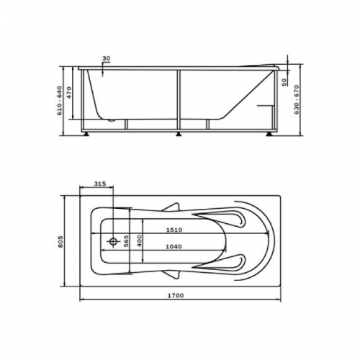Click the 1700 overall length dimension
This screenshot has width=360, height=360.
pyautogui.click(x=176, y=295)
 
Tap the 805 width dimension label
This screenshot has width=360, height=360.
pyautogui.click(x=60, y=242)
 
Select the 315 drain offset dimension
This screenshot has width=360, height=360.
pyautogui.click(x=99, y=184)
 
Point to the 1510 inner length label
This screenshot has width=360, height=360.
pyautogui.click(x=174, y=230)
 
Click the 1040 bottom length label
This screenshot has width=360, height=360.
pyautogui.click(x=174, y=246)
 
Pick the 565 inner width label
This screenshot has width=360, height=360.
pyautogui.click(x=126, y=241)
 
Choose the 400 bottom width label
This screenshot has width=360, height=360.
pyautogui.click(x=139, y=241)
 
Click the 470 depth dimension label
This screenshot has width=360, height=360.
pyautogui.click(x=69, y=93)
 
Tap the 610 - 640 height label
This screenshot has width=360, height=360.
pyautogui.click(x=60, y=101)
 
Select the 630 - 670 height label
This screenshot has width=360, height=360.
pyautogui.click(x=297, y=99)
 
